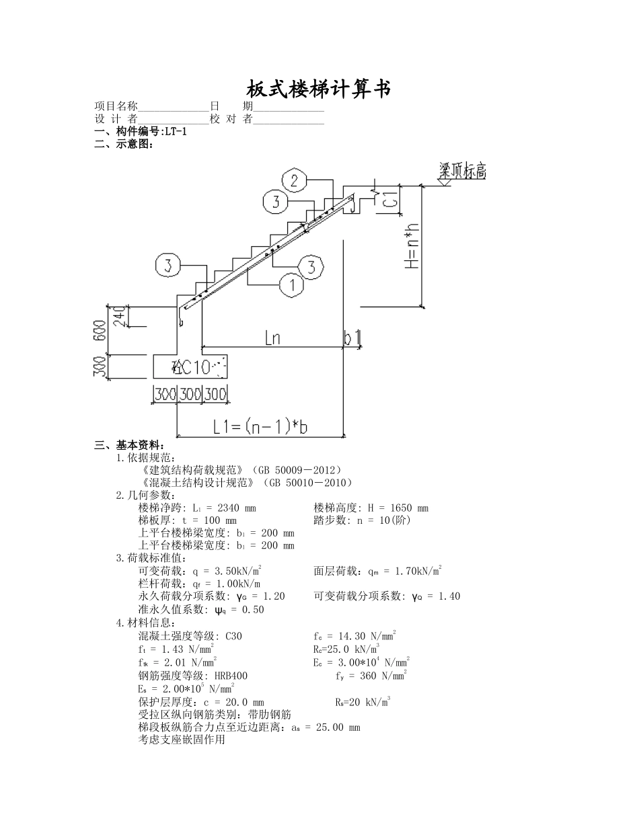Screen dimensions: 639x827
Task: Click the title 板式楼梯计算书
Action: tap(319, 89)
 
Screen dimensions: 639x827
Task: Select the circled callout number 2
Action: tap(294, 180)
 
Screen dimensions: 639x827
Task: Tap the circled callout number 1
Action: tap(291, 285)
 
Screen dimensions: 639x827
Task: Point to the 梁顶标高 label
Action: tap(462, 171)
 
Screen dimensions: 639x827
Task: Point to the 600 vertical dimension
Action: tap(100, 330)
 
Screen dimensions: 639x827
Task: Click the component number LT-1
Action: tap(176, 131)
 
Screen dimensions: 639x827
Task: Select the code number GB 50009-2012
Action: tap(295, 469)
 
